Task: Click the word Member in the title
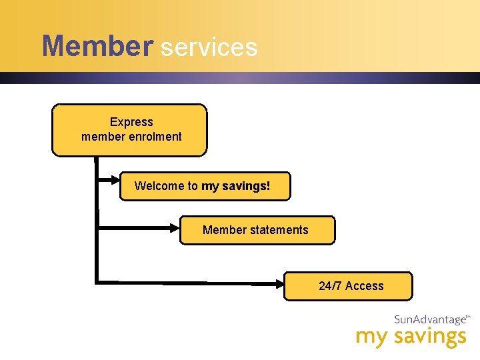coord(97,47)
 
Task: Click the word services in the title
coord(209,47)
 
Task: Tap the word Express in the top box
coord(131,122)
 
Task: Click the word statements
coord(279,230)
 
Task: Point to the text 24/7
coord(331,286)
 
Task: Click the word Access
coord(365,286)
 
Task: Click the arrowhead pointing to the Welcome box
coord(114,180)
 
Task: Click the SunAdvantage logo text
coord(431,320)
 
